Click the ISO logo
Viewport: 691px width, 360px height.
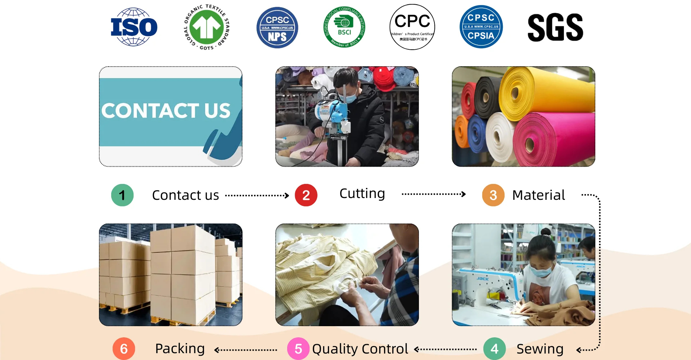point(134,27)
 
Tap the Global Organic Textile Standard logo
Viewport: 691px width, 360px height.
point(207,27)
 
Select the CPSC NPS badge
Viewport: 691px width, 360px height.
point(277,28)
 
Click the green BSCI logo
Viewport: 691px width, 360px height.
point(344,27)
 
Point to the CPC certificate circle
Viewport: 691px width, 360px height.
point(412,27)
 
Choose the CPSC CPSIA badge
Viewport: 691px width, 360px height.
point(481,27)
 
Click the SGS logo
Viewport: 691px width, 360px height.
point(555,27)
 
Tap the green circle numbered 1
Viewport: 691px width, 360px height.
point(122,195)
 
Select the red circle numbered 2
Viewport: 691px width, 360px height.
point(306,195)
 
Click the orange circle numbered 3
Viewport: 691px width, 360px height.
point(493,195)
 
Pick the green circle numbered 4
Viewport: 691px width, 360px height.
point(494,348)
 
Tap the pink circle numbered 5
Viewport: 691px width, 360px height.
point(298,348)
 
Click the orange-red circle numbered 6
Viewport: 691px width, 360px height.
point(124,348)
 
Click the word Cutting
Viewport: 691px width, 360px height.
point(362,194)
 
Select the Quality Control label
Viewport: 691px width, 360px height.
point(360,348)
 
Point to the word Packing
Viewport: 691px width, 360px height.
point(180,348)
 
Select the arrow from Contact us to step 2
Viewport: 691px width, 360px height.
point(257,195)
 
